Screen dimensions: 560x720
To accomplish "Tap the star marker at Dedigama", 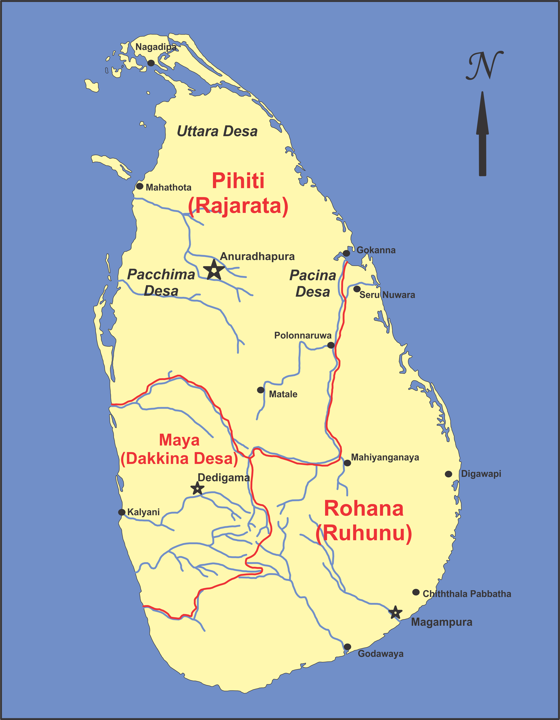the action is [197, 488].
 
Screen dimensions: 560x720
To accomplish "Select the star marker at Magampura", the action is [395, 613].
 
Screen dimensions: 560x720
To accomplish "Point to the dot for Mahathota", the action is [140, 186].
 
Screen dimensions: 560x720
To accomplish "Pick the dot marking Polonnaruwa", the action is [331, 345].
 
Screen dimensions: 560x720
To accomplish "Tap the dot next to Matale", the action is [261, 390].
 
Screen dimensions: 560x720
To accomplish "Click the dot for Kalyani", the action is [122, 512].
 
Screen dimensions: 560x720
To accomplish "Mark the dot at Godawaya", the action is [347, 647].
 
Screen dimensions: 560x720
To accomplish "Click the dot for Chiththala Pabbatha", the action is [416, 592].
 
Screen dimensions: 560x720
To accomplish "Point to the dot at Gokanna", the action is [346, 253].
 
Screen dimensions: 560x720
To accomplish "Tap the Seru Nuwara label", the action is [387, 295].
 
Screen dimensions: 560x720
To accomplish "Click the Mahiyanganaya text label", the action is [385, 457].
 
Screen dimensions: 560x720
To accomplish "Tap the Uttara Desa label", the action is [217, 131].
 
